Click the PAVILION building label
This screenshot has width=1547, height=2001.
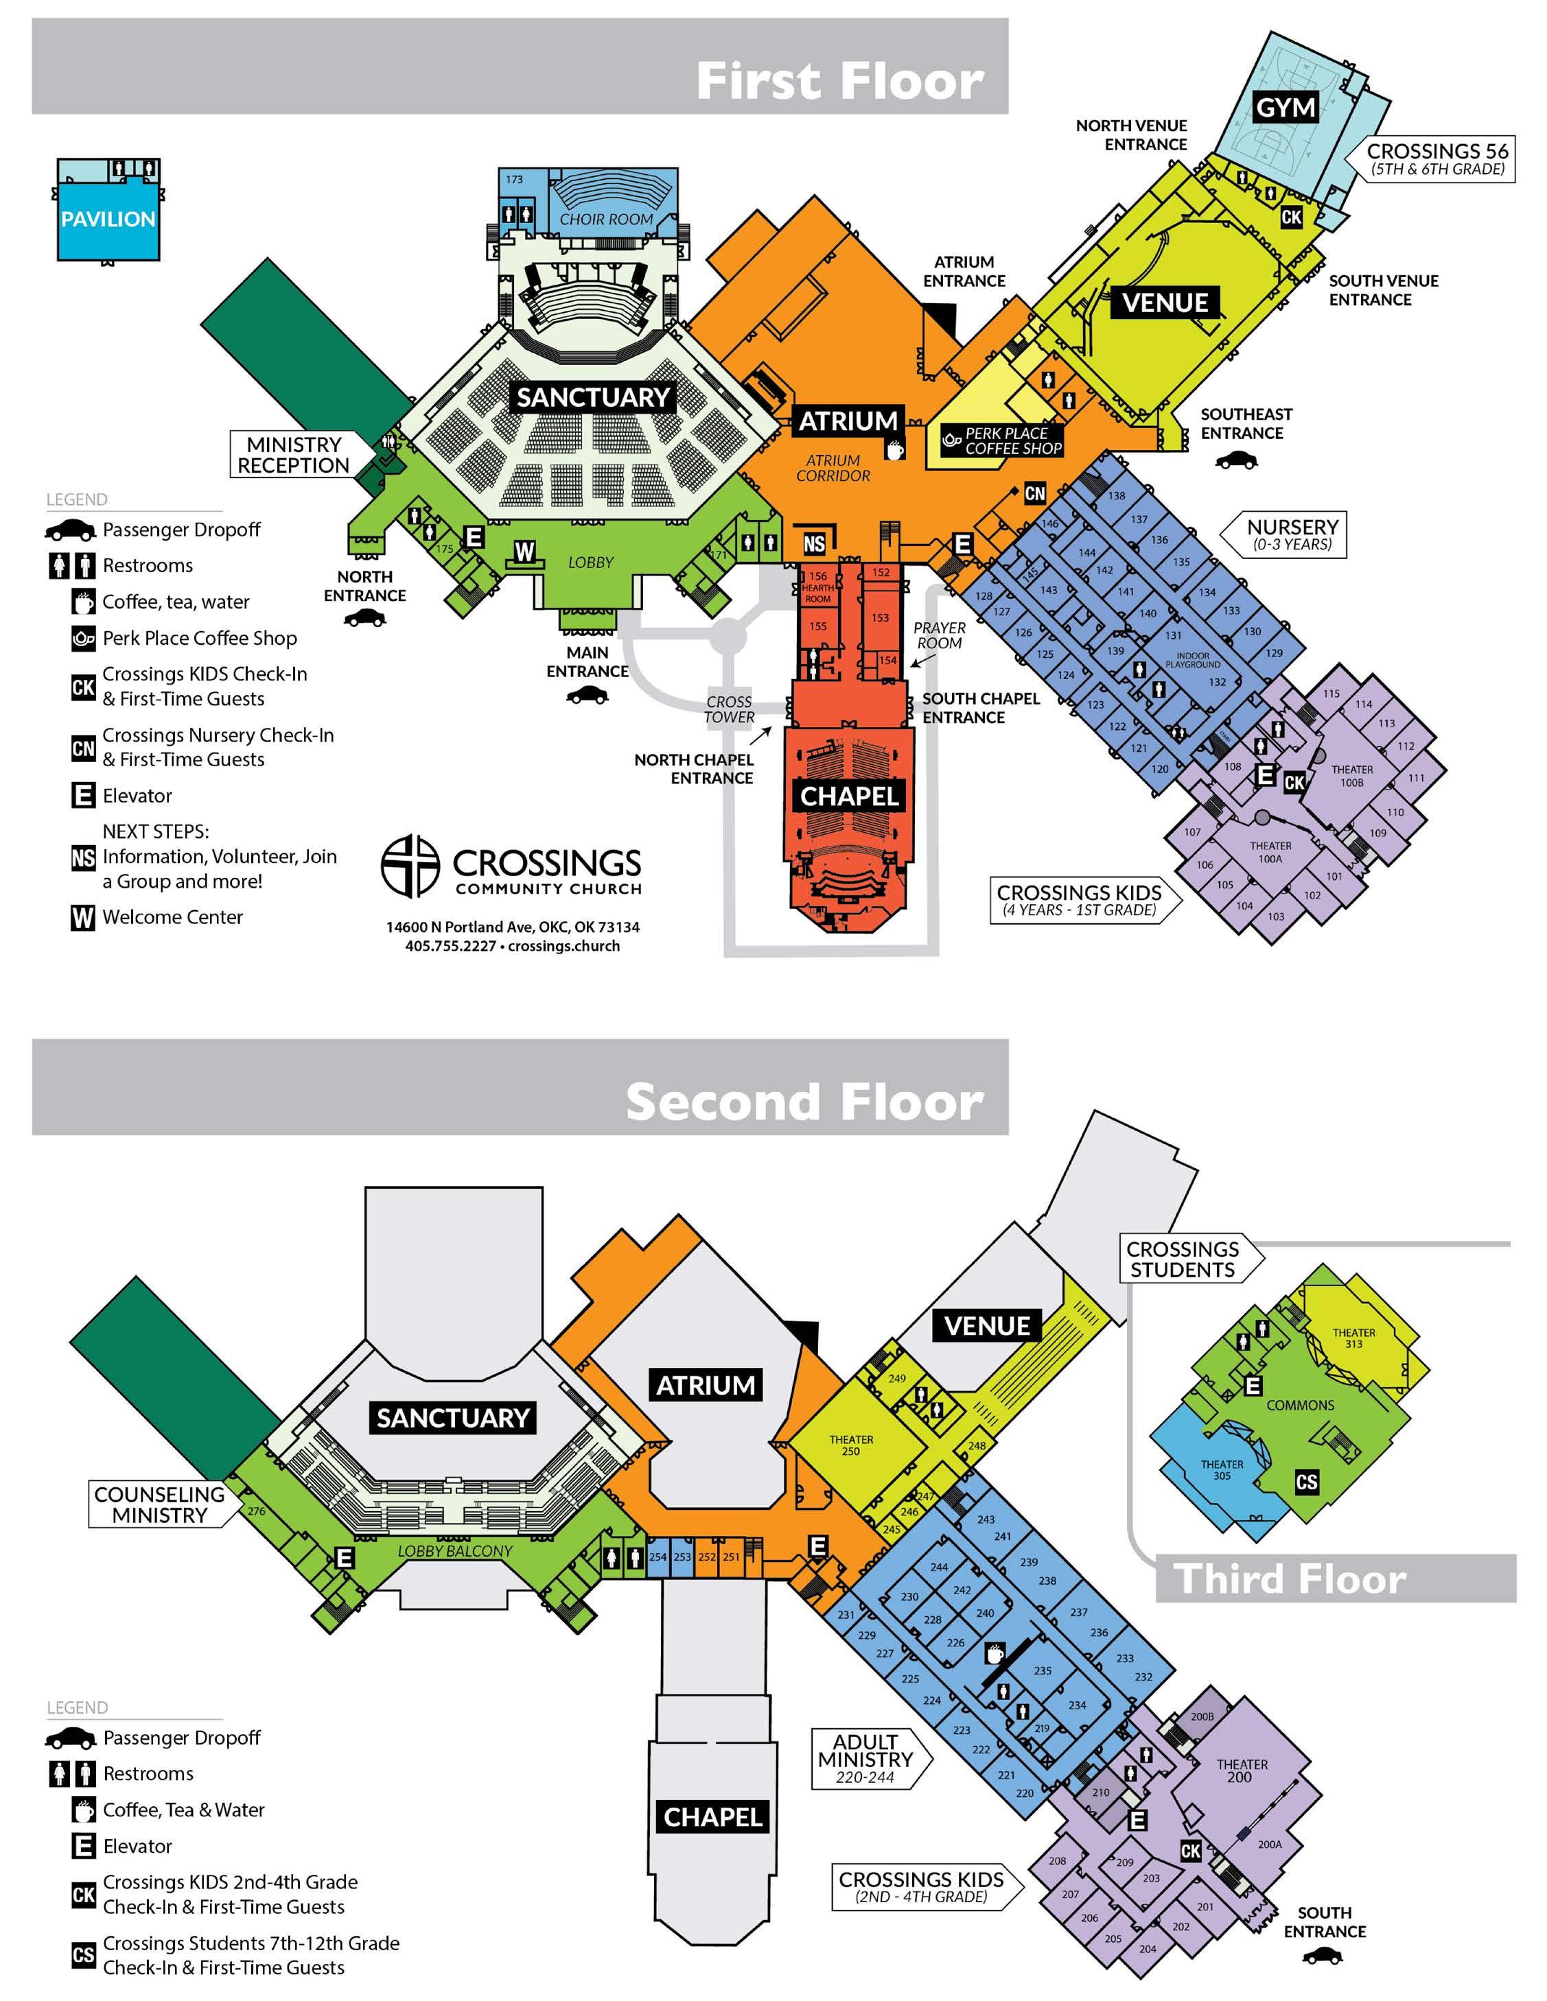coord(108,219)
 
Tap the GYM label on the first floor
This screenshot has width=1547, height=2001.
coord(1285,108)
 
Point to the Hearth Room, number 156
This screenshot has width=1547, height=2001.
coord(817,587)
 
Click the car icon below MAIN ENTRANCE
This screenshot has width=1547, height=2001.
coord(587,696)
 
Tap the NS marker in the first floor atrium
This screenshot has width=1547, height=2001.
coord(814,544)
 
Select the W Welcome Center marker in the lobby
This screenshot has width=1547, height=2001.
coord(524,552)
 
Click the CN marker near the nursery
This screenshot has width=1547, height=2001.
coord(1035,494)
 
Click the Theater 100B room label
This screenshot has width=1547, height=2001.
coord(1352,776)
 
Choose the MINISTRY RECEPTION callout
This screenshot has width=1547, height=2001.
coord(293,454)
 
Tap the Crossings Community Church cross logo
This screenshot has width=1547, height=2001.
coord(410,865)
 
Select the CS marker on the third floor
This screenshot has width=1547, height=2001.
coord(1307,1482)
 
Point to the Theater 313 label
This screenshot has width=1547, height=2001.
coord(1353,1338)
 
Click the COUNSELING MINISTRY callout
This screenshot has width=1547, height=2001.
coord(159,1504)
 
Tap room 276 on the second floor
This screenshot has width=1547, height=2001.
coord(257,1511)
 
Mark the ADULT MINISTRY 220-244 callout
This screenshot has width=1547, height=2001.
coord(865,1759)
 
